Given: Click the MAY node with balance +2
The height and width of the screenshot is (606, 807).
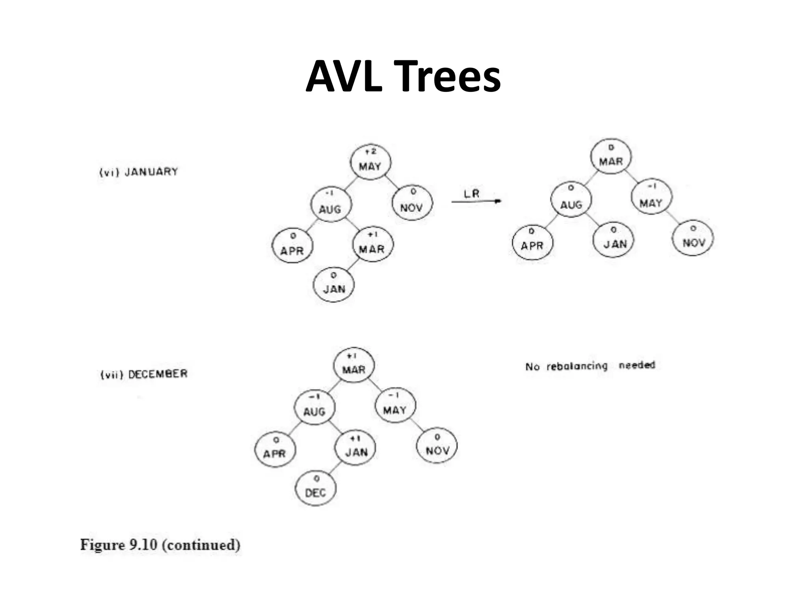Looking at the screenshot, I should [x=370, y=162].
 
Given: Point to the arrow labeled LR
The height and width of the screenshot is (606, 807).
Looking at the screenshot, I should [x=476, y=201].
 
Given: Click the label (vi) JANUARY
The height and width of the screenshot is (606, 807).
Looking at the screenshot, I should [x=139, y=172].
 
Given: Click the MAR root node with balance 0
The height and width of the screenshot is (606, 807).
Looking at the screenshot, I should [x=611, y=156].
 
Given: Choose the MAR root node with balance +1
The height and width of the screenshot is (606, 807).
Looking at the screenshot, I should [x=353, y=365].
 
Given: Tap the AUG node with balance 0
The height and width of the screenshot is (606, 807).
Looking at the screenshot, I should [x=571, y=200].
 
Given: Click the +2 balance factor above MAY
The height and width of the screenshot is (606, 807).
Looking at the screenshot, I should [x=370, y=151].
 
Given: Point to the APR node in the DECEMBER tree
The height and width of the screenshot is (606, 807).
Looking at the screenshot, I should [x=275, y=450].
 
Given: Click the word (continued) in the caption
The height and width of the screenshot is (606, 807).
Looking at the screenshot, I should [x=201, y=545].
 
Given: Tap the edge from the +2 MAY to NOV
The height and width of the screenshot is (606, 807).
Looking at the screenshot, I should [x=392, y=182].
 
